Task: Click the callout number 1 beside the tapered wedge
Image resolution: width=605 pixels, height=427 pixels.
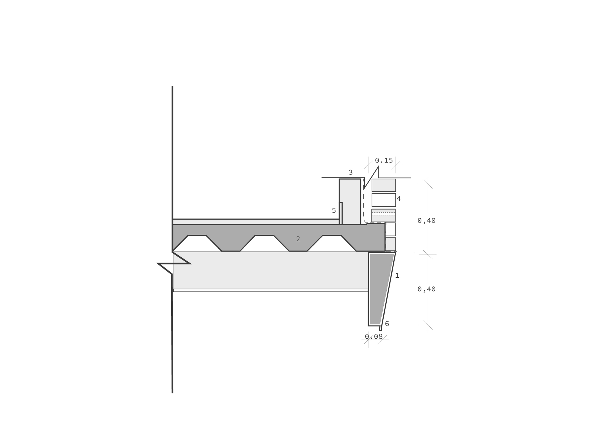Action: coord(397,276)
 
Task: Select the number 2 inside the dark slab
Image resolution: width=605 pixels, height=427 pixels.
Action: coord(298,239)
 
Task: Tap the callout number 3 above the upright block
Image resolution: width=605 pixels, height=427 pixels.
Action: coord(351,172)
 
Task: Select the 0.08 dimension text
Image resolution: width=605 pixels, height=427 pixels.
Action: coord(374,336)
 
